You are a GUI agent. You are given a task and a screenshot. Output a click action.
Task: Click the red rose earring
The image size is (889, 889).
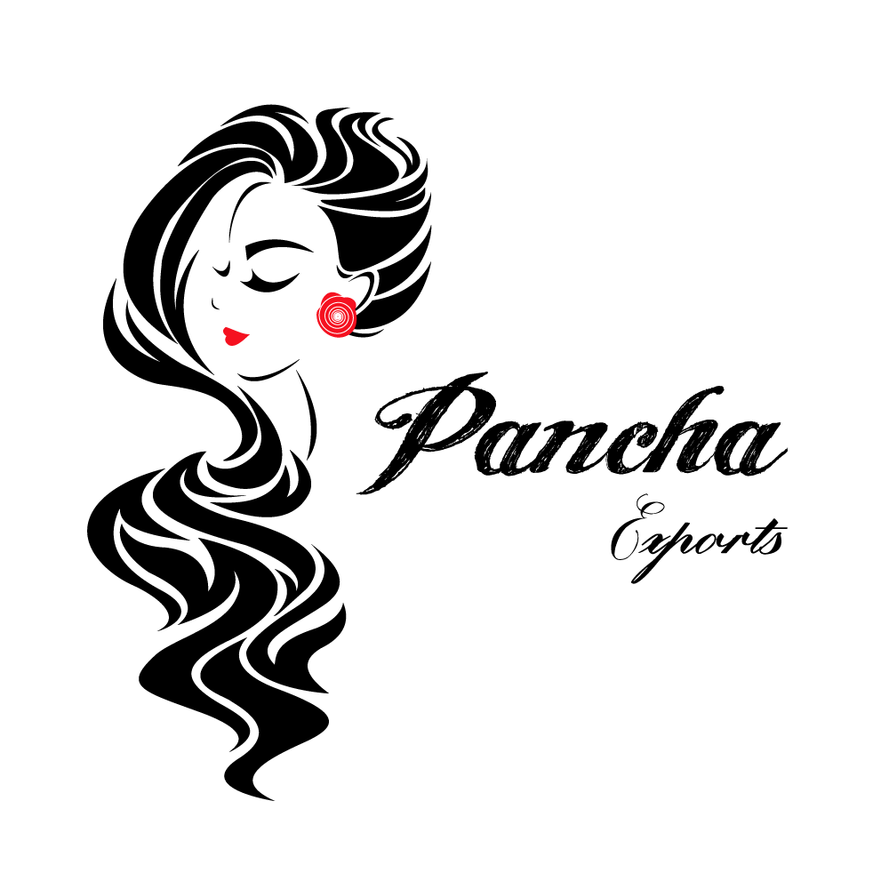(x=338, y=314)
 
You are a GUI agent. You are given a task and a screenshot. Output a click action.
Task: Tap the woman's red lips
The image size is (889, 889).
(x=236, y=336)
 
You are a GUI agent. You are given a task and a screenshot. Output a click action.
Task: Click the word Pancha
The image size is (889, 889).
(x=572, y=434)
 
